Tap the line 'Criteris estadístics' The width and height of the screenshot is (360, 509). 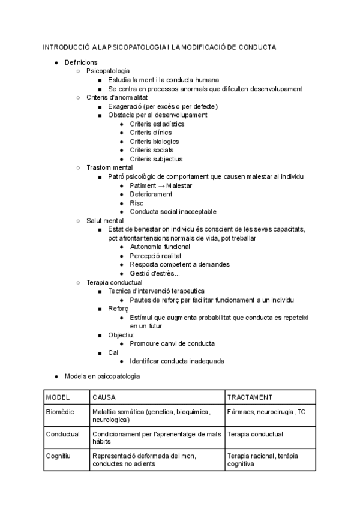point(157,124)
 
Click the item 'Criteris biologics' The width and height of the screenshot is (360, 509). point(154,142)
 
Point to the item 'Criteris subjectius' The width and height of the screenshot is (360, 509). point(156,159)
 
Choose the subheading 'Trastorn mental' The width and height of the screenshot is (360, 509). point(110,168)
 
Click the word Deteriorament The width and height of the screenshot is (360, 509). point(151,194)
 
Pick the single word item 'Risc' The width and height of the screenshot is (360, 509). point(136,203)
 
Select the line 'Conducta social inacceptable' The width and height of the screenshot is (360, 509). point(173,212)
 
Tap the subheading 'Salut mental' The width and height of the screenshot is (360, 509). point(105,221)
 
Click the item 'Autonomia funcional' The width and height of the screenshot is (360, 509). point(160,247)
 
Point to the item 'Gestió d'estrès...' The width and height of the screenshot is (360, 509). point(154,273)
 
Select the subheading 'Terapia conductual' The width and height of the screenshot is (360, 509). point(115,282)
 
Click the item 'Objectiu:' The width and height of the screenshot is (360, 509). point(121,334)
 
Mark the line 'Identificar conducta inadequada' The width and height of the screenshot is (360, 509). point(177,361)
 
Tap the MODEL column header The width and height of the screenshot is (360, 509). point(58,397)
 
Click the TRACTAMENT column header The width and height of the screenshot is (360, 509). point(250,397)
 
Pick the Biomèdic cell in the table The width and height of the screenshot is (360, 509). point(60,412)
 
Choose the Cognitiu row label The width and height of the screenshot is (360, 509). point(58,456)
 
